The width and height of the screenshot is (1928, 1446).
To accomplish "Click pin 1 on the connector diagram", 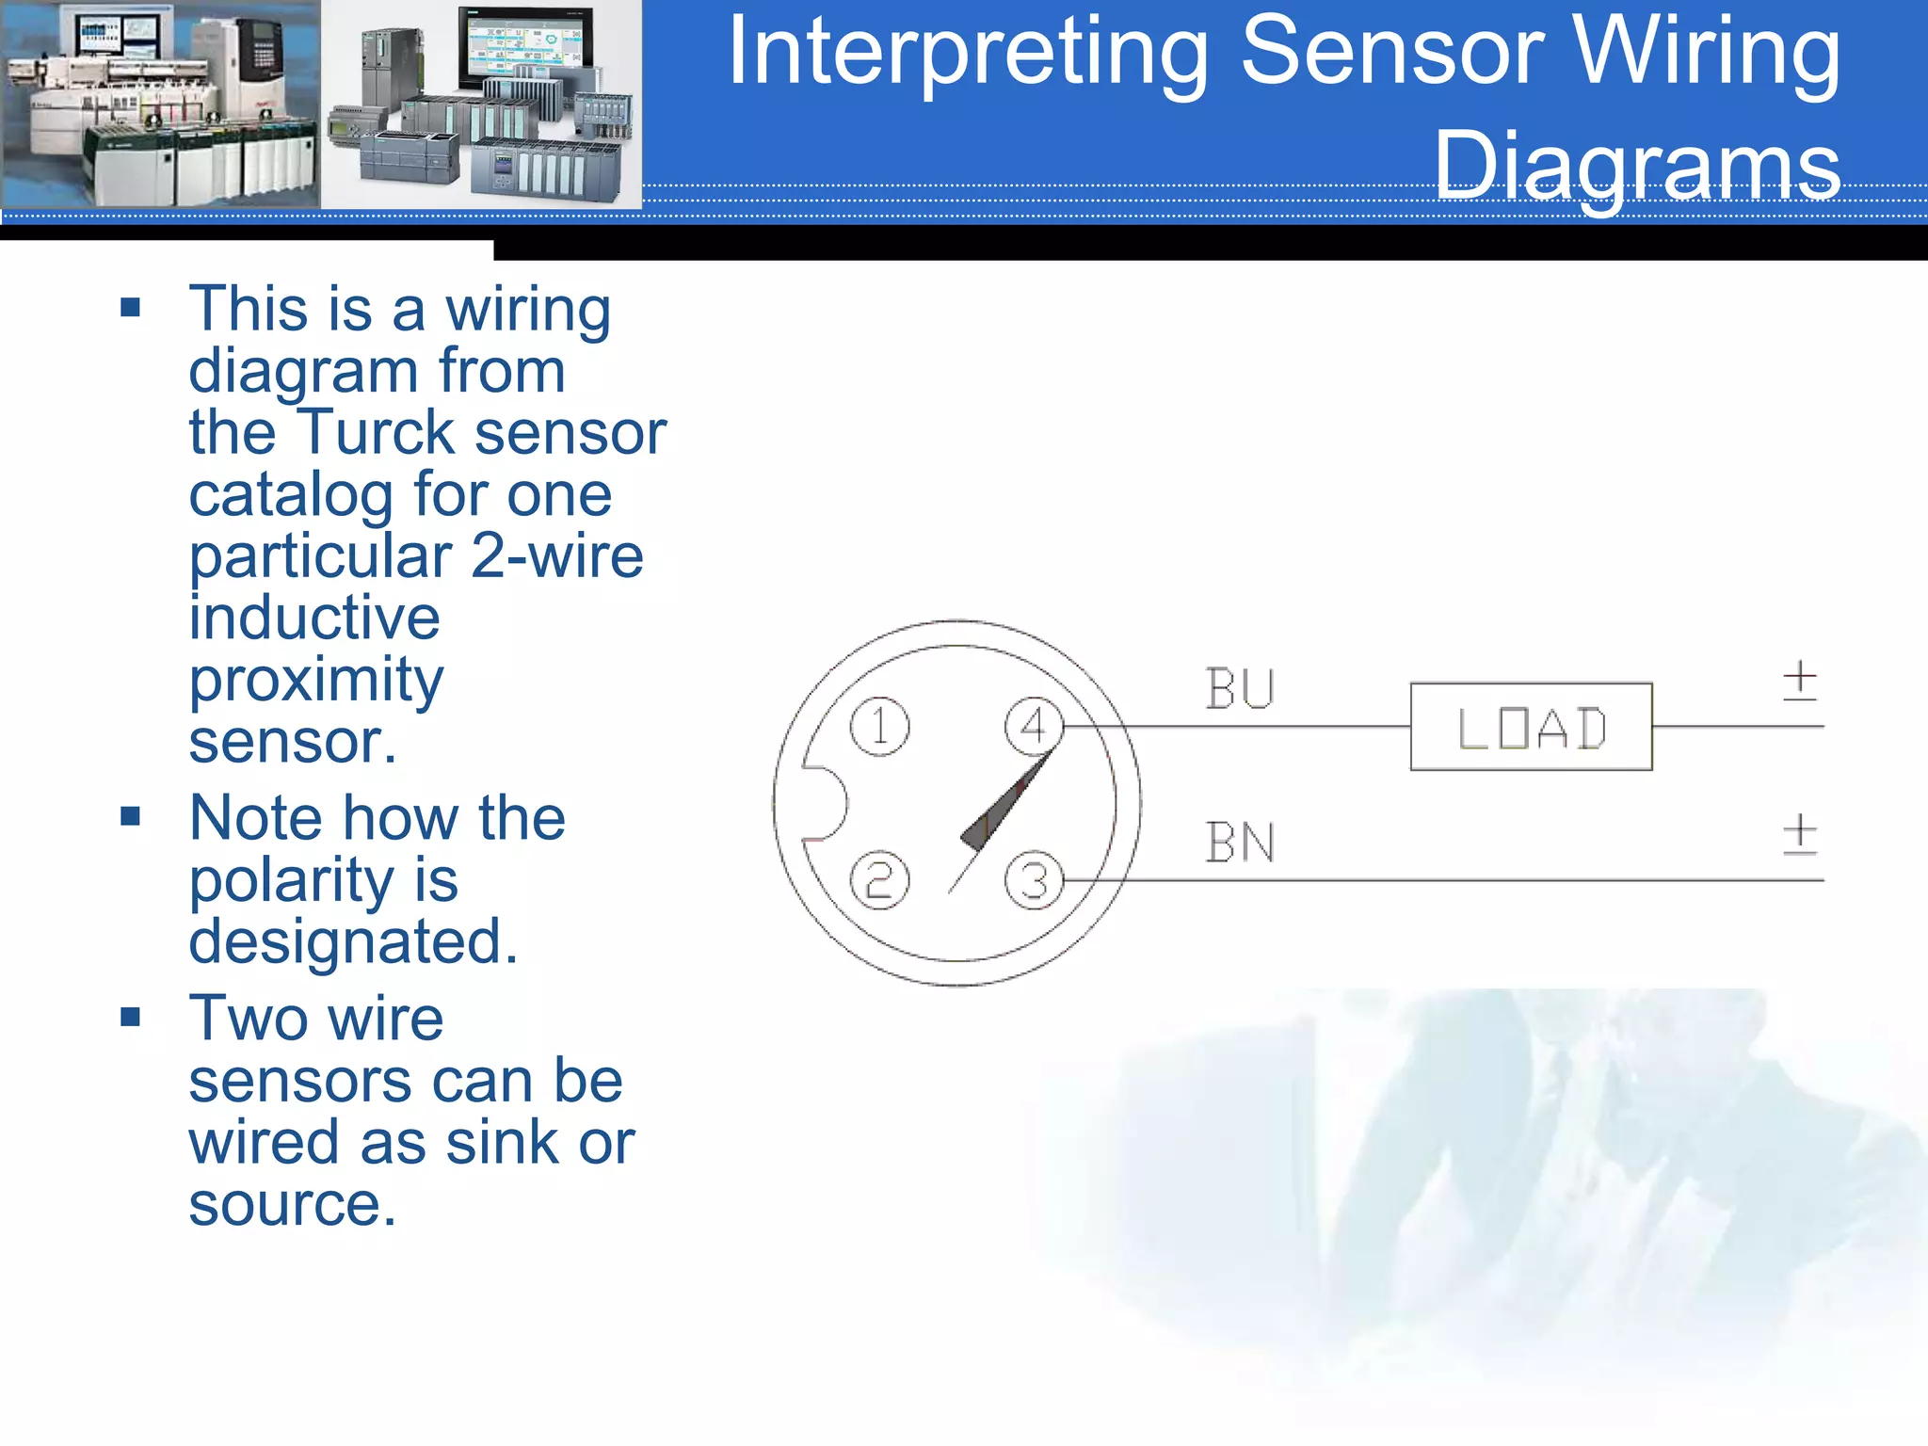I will pyautogui.click(x=879, y=726).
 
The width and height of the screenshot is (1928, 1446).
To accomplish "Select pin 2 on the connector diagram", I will pyautogui.click(x=879, y=880).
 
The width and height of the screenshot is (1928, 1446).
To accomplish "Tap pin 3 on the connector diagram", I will pyautogui.click(x=1034, y=881).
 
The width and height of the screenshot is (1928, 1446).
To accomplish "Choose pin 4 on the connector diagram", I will pyautogui.click(x=1034, y=726).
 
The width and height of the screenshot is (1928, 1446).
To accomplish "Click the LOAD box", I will pyautogui.click(x=1531, y=727).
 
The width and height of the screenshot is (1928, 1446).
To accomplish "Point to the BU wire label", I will pyautogui.click(x=1240, y=689).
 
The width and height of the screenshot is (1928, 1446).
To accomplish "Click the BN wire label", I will pyautogui.click(x=1240, y=843).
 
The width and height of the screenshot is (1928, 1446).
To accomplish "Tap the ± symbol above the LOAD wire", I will pyautogui.click(x=1799, y=680).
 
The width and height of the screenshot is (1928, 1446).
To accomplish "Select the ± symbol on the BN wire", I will pyautogui.click(x=1799, y=834).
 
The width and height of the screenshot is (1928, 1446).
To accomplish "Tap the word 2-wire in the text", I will pyautogui.click(x=556, y=556).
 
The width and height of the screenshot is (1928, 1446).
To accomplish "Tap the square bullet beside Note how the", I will pyautogui.click(x=131, y=816).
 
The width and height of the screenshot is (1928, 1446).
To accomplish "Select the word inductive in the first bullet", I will pyautogui.click(x=314, y=619).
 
